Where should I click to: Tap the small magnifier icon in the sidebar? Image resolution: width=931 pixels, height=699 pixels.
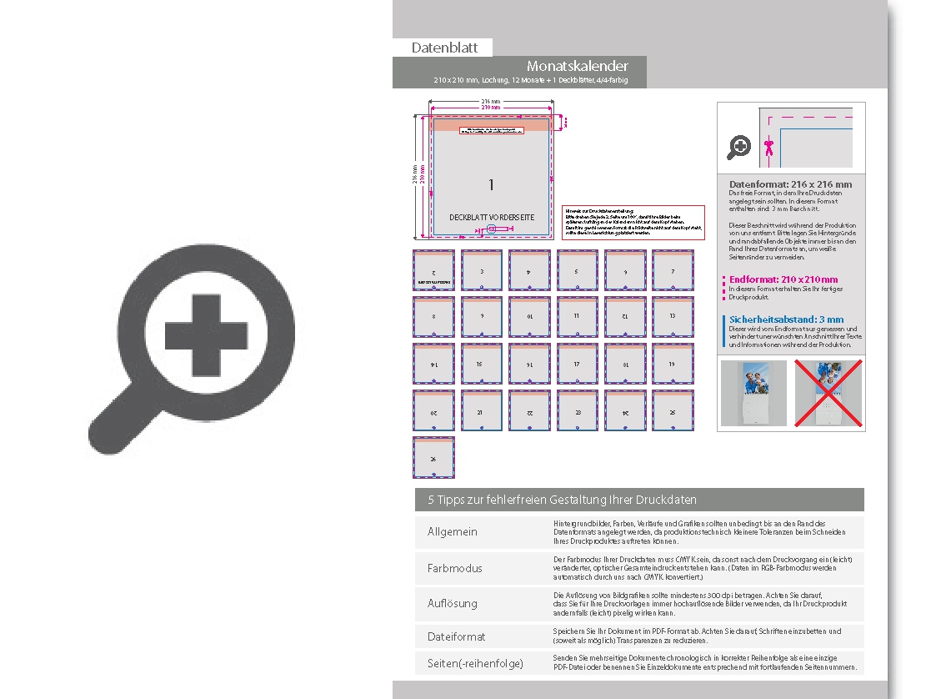point(738,148)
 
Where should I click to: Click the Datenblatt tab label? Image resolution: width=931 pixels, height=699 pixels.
point(444,48)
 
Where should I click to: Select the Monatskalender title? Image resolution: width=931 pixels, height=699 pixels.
point(577,66)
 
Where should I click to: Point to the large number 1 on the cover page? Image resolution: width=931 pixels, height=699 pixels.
point(491,184)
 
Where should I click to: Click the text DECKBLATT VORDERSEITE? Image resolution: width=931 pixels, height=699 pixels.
point(491,217)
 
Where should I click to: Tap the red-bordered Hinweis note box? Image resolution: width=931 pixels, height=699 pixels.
point(633,222)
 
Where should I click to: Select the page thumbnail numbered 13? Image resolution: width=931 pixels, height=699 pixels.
point(673,318)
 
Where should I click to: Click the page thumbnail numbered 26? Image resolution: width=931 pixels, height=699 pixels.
point(433,457)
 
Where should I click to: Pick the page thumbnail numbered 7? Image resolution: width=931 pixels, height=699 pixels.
point(673,270)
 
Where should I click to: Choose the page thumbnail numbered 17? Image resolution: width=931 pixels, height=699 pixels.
point(577,364)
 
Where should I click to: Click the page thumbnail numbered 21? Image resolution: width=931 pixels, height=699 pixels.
point(482,411)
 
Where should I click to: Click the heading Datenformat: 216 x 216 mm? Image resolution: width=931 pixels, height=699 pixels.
point(790,184)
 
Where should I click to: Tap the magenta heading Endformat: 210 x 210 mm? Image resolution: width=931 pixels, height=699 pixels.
point(783,279)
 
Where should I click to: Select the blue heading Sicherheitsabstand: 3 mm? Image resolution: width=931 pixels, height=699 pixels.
point(786,319)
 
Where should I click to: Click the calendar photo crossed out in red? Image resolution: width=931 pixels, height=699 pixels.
point(828,394)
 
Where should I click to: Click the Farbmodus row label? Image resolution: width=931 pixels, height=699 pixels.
point(454,568)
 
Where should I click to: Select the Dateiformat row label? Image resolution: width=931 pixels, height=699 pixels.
point(456,636)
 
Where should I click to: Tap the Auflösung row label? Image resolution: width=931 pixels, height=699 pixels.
point(453,602)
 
